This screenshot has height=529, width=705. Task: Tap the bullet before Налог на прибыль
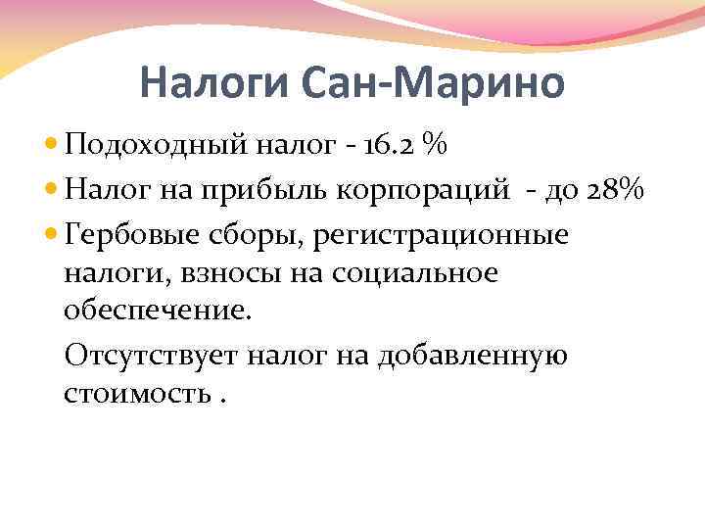click(x=52, y=191)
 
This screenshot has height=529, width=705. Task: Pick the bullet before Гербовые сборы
click(x=52, y=235)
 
